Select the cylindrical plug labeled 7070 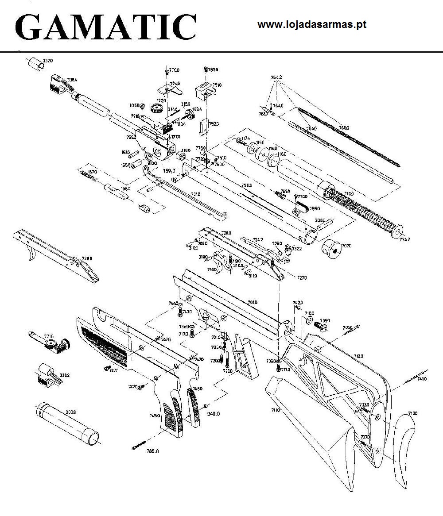333,249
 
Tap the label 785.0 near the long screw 153,451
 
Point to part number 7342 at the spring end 404,240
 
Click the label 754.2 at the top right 276,77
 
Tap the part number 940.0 214,413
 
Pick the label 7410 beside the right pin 422,379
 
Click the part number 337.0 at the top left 47,60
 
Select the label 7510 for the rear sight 217,85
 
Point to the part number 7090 325,320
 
